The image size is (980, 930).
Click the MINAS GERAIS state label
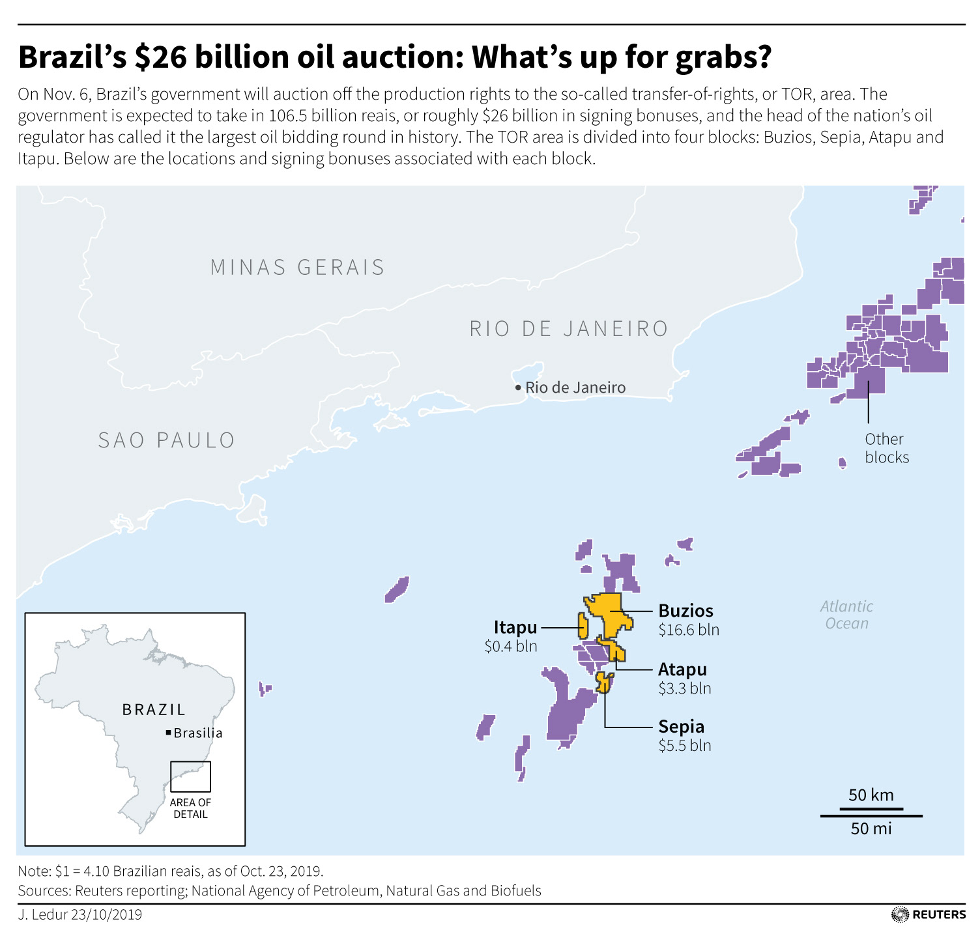297,268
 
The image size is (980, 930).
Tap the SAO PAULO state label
166,440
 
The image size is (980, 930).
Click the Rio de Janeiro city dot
518,387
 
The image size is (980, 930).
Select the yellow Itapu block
583,625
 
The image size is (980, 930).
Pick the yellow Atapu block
615,649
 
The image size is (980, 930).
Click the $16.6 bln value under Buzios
689,630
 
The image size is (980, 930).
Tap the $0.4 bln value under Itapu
511,646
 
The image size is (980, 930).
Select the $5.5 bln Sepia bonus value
684,746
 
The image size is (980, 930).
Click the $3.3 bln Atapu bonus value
684,688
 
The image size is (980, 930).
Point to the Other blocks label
886,448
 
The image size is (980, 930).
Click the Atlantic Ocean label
846,615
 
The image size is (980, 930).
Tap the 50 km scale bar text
871,795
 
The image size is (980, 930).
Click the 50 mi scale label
871,828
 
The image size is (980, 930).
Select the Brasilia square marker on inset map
169,733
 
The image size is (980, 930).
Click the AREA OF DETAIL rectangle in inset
190,776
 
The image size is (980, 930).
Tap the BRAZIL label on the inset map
154,710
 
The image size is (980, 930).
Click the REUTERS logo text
939,914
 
